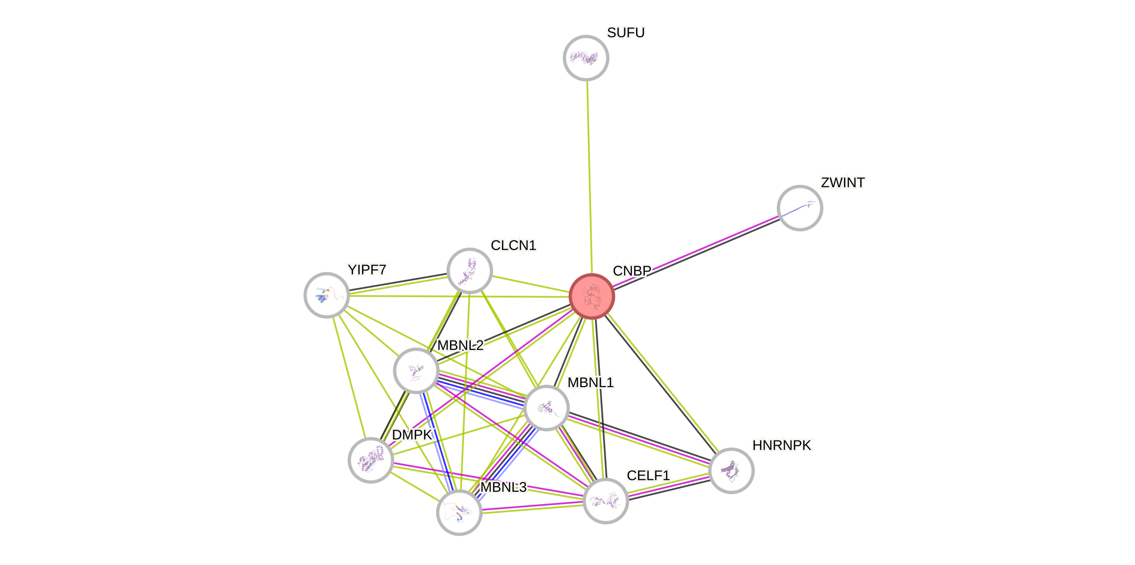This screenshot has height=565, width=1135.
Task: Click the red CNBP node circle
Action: point(592,296)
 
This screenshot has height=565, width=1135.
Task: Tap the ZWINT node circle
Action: point(800,208)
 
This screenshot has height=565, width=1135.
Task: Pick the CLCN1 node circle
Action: point(470,270)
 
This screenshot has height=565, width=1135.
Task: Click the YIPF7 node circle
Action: point(327,295)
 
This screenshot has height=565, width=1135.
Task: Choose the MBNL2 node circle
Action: point(416,370)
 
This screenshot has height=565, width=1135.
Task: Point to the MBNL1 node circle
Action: point(546,408)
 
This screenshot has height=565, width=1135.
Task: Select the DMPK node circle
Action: point(371,460)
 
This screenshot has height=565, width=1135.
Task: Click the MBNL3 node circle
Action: point(459,512)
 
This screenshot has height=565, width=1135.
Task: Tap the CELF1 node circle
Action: point(606,501)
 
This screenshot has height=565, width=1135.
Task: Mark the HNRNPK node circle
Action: point(731,470)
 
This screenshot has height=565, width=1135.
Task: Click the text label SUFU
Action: point(626,32)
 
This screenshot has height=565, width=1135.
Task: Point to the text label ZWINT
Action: point(842,183)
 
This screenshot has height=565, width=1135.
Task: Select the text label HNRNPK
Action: point(782,445)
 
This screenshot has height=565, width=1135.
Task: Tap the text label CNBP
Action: point(632,270)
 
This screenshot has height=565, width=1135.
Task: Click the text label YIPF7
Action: point(367,270)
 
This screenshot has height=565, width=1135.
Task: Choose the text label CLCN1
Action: point(513,245)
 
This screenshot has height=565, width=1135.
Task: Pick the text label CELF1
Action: point(648,475)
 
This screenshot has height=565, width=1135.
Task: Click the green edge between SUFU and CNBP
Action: point(589,176)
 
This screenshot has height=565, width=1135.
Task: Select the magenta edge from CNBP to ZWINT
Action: point(696,251)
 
